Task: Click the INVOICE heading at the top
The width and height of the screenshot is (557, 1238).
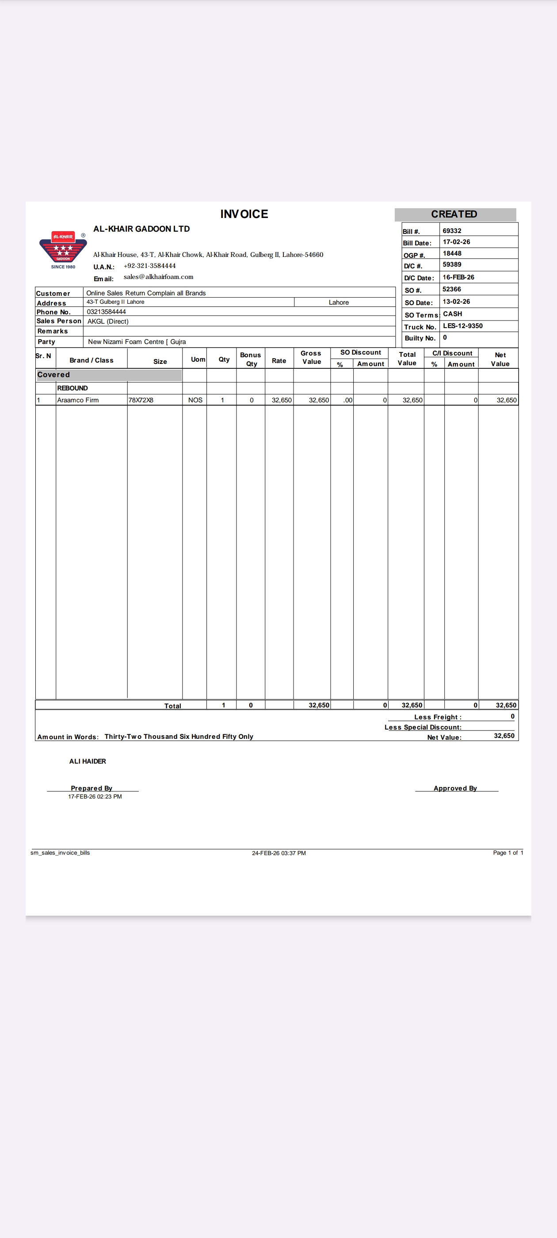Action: click(244, 214)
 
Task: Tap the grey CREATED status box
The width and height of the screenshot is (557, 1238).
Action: click(454, 214)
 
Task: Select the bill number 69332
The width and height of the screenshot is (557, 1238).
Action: click(452, 231)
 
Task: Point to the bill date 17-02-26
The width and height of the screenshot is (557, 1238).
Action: click(456, 242)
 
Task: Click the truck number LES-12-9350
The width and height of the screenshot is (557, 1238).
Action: click(462, 326)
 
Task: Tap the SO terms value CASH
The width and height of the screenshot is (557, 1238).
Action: click(452, 314)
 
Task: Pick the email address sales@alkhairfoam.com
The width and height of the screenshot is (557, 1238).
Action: click(158, 277)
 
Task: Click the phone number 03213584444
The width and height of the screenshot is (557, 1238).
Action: click(106, 312)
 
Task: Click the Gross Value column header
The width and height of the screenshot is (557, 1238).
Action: click(311, 357)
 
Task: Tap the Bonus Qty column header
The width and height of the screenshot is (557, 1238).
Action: click(250, 359)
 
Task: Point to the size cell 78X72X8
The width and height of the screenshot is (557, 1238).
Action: click(141, 400)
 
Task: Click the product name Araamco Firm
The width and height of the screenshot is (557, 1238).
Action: click(78, 400)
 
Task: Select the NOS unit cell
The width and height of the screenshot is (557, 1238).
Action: click(195, 400)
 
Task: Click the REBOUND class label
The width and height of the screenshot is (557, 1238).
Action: click(72, 388)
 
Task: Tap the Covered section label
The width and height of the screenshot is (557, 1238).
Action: click(53, 375)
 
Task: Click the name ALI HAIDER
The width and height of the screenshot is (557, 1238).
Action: click(88, 761)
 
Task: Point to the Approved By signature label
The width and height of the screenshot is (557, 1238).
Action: click(455, 788)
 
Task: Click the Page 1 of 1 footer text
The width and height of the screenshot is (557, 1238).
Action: click(508, 852)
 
